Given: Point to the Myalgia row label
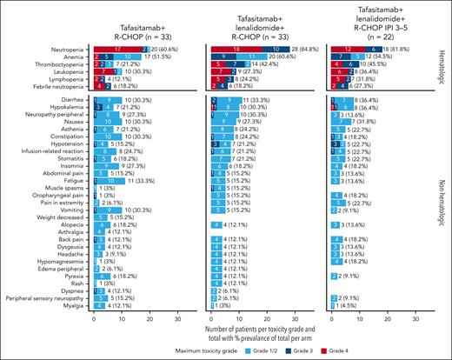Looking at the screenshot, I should [x=76, y=305].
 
